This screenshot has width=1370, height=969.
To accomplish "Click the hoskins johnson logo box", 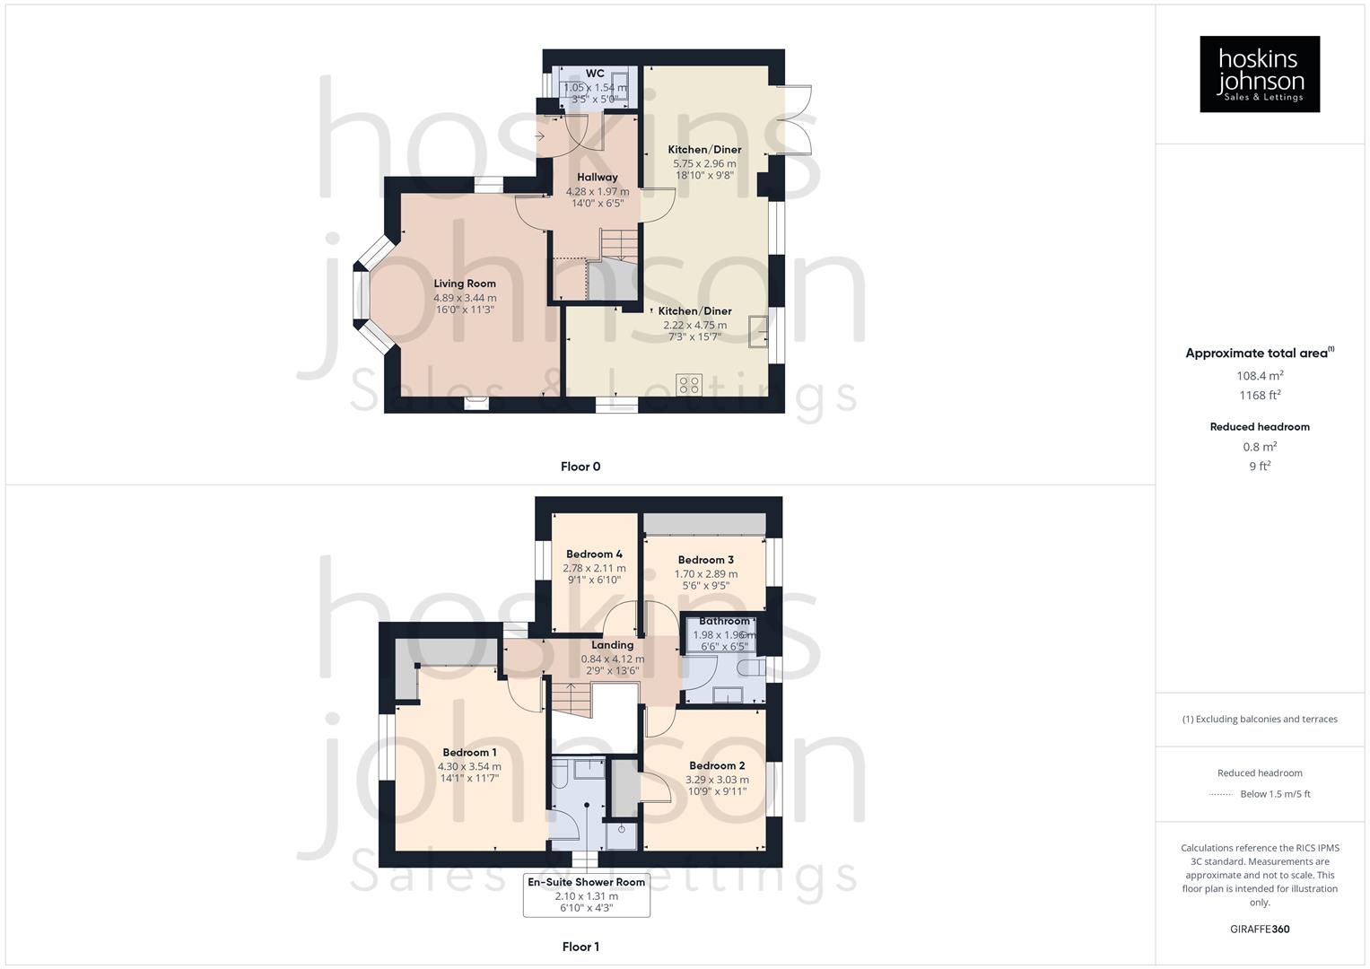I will pyautogui.click(x=1259, y=74).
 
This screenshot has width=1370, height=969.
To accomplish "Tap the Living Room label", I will pyautogui.click(x=465, y=284).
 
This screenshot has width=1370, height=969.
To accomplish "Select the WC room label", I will pyautogui.click(x=595, y=74).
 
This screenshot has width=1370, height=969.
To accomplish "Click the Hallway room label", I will pyautogui.click(x=598, y=178).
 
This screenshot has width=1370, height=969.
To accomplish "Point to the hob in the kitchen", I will pyautogui.click(x=689, y=385).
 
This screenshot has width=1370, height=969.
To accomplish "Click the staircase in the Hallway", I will pyautogui.click(x=618, y=245).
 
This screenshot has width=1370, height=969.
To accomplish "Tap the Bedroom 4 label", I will pyautogui.click(x=594, y=554).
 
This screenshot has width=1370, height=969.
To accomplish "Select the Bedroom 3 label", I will pyautogui.click(x=706, y=560).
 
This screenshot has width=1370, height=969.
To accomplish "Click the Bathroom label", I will pyautogui.click(x=724, y=621).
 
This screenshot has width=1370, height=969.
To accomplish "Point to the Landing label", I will pyautogui.click(x=613, y=645).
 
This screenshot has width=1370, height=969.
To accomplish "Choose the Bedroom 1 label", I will pyautogui.click(x=469, y=753).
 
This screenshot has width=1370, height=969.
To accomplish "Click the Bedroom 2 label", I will pyautogui.click(x=717, y=766).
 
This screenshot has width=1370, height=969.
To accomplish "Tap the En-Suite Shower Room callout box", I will pyautogui.click(x=587, y=895).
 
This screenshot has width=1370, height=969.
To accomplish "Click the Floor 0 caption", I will pyautogui.click(x=580, y=467).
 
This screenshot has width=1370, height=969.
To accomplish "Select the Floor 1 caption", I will pyautogui.click(x=580, y=947).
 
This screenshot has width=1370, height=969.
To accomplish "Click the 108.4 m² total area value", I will pyautogui.click(x=1260, y=376).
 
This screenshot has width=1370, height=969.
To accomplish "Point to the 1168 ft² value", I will pyautogui.click(x=1260, y=396).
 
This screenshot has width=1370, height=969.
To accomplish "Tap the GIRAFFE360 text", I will pyautogui.click(x=1260, y=930).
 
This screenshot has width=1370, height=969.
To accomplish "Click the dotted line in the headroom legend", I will pyautogui.click(x=1221, y=794).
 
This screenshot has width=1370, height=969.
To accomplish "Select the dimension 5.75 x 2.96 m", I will pyautogui.click(x=704, y=164).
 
